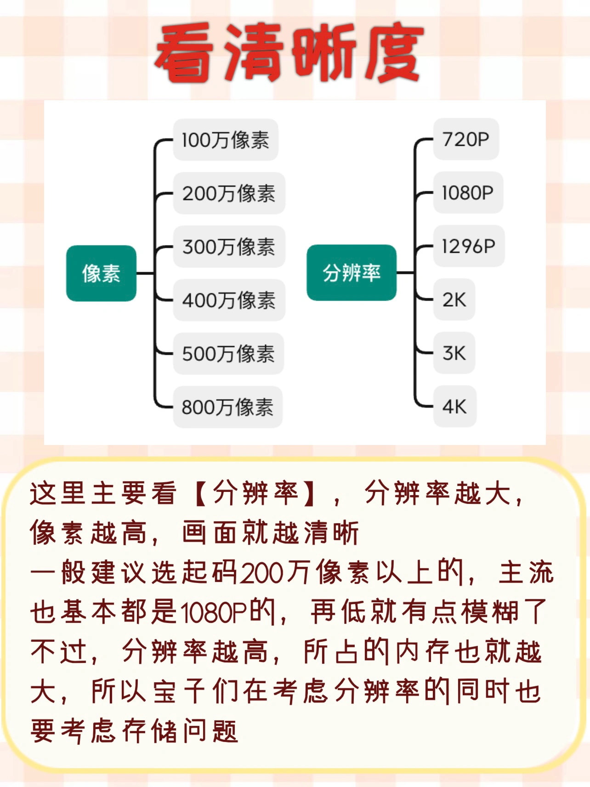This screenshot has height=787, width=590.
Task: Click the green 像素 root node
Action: click(x=101, y=274)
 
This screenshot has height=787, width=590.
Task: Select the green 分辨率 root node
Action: click(x=352, y=273)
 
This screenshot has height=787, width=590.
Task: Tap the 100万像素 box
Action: click(x=226, y=140)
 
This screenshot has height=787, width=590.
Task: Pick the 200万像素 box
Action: click(x=229, y=193)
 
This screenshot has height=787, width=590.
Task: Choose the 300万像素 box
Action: click(x=229, y=246)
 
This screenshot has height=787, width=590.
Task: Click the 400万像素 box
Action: click(x=229, y=300)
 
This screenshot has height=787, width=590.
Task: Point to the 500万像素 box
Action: click(x=228, y=354)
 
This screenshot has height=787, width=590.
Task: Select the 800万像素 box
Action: click(x=227, y=407)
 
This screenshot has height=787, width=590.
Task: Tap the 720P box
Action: click(x=466, y=139)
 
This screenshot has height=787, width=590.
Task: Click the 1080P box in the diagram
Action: click(x=468, y=193)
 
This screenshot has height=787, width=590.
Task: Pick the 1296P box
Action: click(x=469, y=246)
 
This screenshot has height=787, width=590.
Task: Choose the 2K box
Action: click(x=454, y=300)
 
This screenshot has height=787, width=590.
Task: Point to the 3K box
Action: click(x=454, y=353)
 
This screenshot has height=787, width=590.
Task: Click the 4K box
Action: click(x=454, y=406)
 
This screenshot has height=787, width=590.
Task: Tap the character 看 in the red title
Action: click(x=186, y=53)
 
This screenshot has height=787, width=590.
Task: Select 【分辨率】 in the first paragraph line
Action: click(x=255, y=493)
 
